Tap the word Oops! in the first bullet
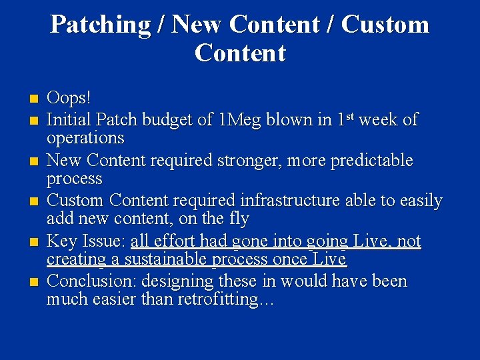pos(69,98)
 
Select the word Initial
pos(69,120)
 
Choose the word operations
pos(85,138)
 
